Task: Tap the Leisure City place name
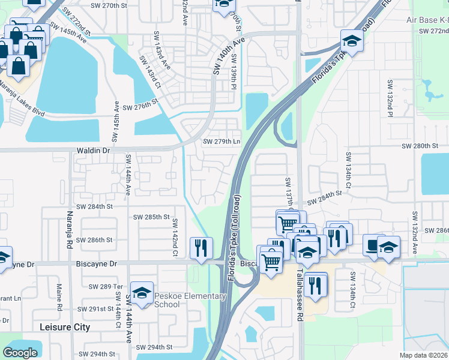coord(64,327)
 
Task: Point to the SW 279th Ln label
coord(221,142)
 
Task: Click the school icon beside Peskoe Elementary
coord(142,293)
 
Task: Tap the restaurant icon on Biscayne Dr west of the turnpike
coord(201,247)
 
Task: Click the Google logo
coord(20,352)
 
